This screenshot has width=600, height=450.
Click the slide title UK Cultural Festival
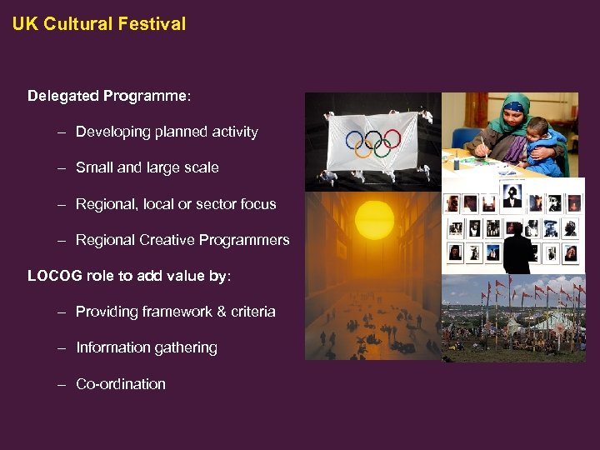click(x=99, y=24)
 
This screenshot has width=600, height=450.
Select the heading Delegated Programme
click(x=109, y=96)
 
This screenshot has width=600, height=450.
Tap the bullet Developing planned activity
click(x=167, y=132)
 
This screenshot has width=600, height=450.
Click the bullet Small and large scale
click(x=147, y=167)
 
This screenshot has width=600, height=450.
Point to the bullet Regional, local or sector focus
click(x=175, y=204)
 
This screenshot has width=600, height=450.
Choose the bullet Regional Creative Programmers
click(x=182, y=240)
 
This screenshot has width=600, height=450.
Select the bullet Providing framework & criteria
click(x=175, y=312)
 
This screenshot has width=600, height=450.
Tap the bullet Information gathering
click(x=146, y=347)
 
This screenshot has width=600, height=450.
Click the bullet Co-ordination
click(x=120, y=384)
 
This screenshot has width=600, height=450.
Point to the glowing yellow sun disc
click(x=373, y=221)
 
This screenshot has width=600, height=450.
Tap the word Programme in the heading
click(x=146, y=96)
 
